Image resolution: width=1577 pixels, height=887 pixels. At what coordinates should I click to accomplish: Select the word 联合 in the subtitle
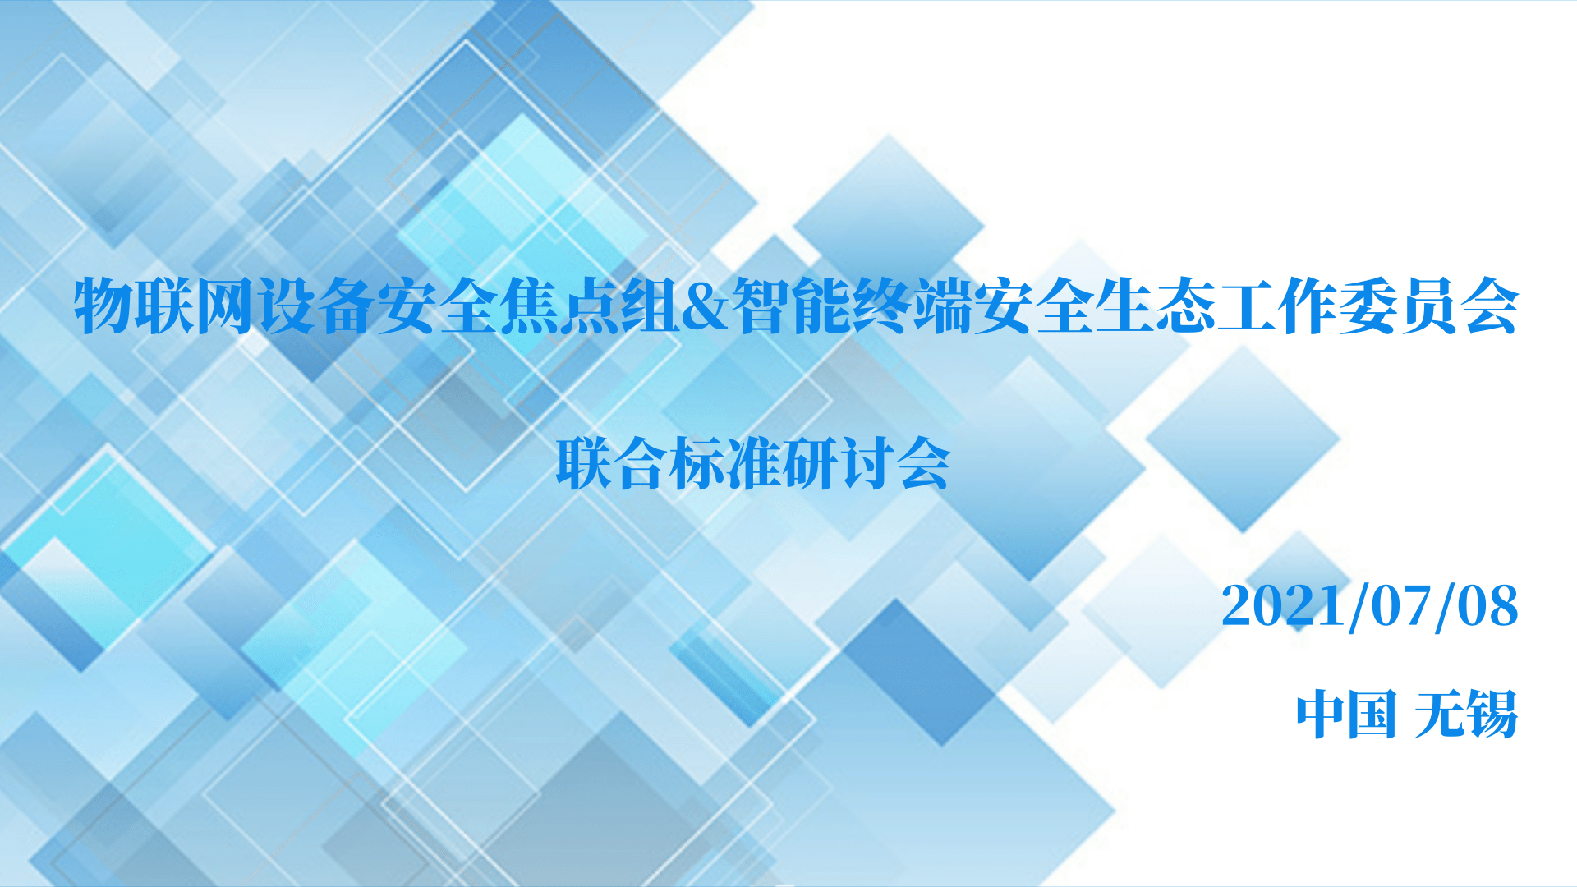pyautogui.click(x=612, y=464)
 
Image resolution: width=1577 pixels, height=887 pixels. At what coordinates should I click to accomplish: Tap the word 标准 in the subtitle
pyautogui.click(x=725, y=464)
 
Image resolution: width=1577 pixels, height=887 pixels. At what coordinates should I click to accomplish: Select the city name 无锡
pyautogui.click(x=1465, y=714)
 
